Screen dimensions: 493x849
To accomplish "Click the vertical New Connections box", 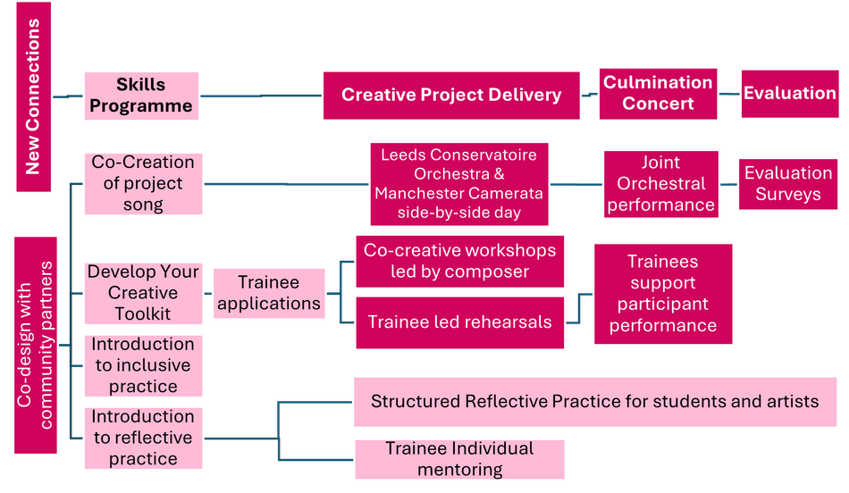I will click(33, 96).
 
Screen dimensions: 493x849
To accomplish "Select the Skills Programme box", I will click(140, 96).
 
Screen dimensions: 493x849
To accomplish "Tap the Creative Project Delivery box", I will click(451, 95).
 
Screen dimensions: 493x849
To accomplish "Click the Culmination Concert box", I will click(658, 93).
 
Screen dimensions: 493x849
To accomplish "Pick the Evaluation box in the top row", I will click(789, 93).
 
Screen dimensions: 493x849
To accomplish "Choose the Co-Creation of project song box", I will click(143, 184).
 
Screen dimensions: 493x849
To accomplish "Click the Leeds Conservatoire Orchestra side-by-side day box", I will click(458, 184).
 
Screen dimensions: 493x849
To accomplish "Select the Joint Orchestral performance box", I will click(660, 184).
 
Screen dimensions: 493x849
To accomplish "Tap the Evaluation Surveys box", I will click(787, 184).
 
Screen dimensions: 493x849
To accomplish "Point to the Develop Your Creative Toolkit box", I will click(143, 293).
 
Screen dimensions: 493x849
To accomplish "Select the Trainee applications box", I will click(269, 293).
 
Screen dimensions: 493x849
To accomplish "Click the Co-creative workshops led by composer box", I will click(459, 261).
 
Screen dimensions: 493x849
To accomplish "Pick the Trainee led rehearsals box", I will click(459, 322).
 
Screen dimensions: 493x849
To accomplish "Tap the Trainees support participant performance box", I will click(662, 294).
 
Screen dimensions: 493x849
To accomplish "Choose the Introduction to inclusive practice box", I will click(143, 365).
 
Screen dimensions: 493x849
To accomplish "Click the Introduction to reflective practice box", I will click(143, 438).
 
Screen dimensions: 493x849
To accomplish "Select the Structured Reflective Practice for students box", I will click(594, 402).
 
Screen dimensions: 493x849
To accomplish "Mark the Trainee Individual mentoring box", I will click(459, 459).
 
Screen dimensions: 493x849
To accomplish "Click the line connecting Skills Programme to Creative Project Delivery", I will click(259, 95).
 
